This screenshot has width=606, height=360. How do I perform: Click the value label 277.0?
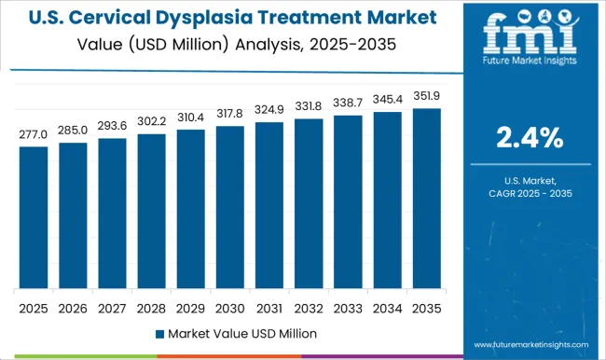pos(33,134)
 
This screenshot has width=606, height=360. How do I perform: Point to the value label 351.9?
pos(425,96)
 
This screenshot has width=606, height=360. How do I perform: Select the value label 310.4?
pos(190,118)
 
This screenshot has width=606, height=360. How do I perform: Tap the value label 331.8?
pos(308,106)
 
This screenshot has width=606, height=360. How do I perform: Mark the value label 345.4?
pos(386,100)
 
